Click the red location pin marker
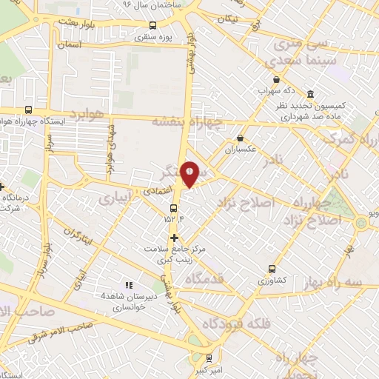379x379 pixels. click(x=190, y=174)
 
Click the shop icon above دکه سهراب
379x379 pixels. click(x=276, y=80)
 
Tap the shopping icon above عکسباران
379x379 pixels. click(x=240, y=138)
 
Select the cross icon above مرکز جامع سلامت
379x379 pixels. click(x=175, y=238)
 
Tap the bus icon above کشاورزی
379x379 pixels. click(x=272, y=269)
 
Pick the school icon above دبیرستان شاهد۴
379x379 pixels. click(x=128, y=284)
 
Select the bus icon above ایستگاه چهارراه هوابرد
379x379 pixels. click(x=27, y=109)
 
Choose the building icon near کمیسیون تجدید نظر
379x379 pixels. click(x=309, y=95)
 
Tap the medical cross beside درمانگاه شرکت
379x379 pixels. click(x=1, y=186)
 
